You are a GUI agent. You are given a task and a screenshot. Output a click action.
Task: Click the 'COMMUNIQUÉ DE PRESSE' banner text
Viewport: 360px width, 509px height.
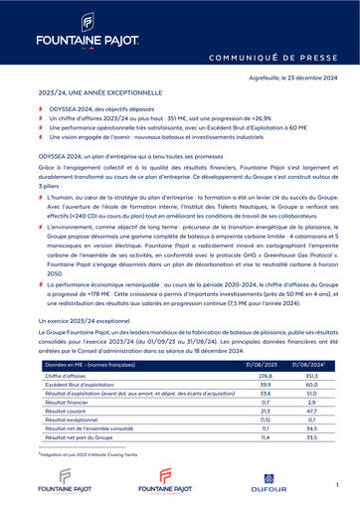click(277, 59)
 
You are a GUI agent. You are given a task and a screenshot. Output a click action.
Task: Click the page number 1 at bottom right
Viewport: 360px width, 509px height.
click(338, 482)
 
